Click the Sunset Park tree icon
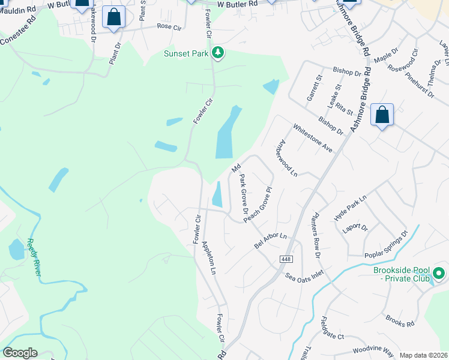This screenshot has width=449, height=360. tap(218, 53)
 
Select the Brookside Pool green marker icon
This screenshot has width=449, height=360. tap(439, 273)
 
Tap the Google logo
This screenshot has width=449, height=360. tap(20, 353)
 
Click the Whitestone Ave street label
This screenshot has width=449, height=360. tap(312, 138)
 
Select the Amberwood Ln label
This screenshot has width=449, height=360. tap(286, 158)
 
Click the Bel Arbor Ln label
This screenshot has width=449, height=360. tap(271, 240)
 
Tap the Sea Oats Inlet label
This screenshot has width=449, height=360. tap(304, 277)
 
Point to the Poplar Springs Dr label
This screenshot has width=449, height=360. tap(386, 245)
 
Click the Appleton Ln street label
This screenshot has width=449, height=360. tap(208, 257)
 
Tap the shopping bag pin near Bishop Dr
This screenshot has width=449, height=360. tap(382, 115)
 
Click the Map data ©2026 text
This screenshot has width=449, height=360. tap(423, 355)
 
